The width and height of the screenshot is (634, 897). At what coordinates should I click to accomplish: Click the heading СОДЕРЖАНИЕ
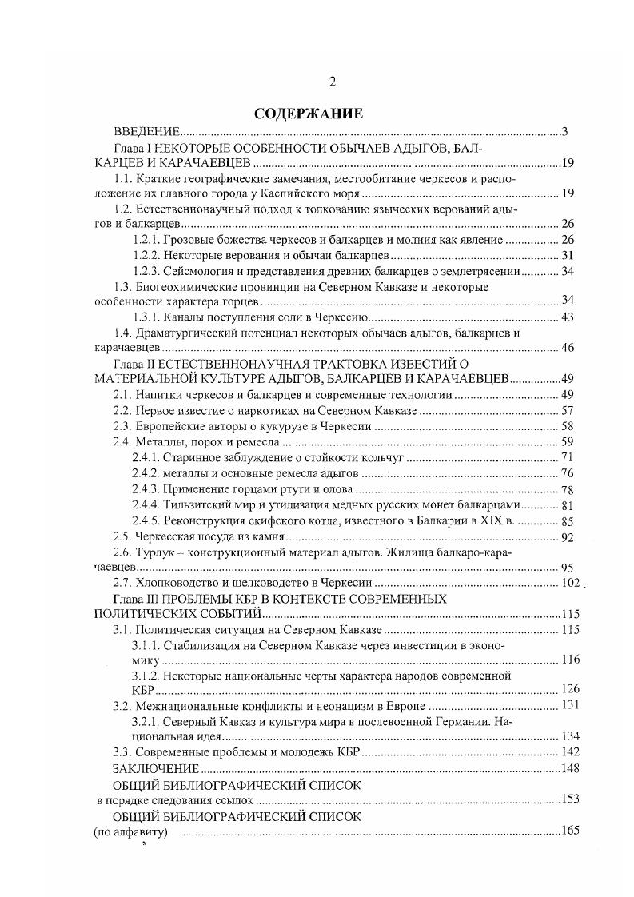309,114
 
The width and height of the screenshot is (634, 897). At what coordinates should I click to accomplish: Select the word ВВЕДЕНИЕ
146,132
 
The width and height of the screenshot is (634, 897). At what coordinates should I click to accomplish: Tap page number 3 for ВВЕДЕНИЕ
564,132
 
